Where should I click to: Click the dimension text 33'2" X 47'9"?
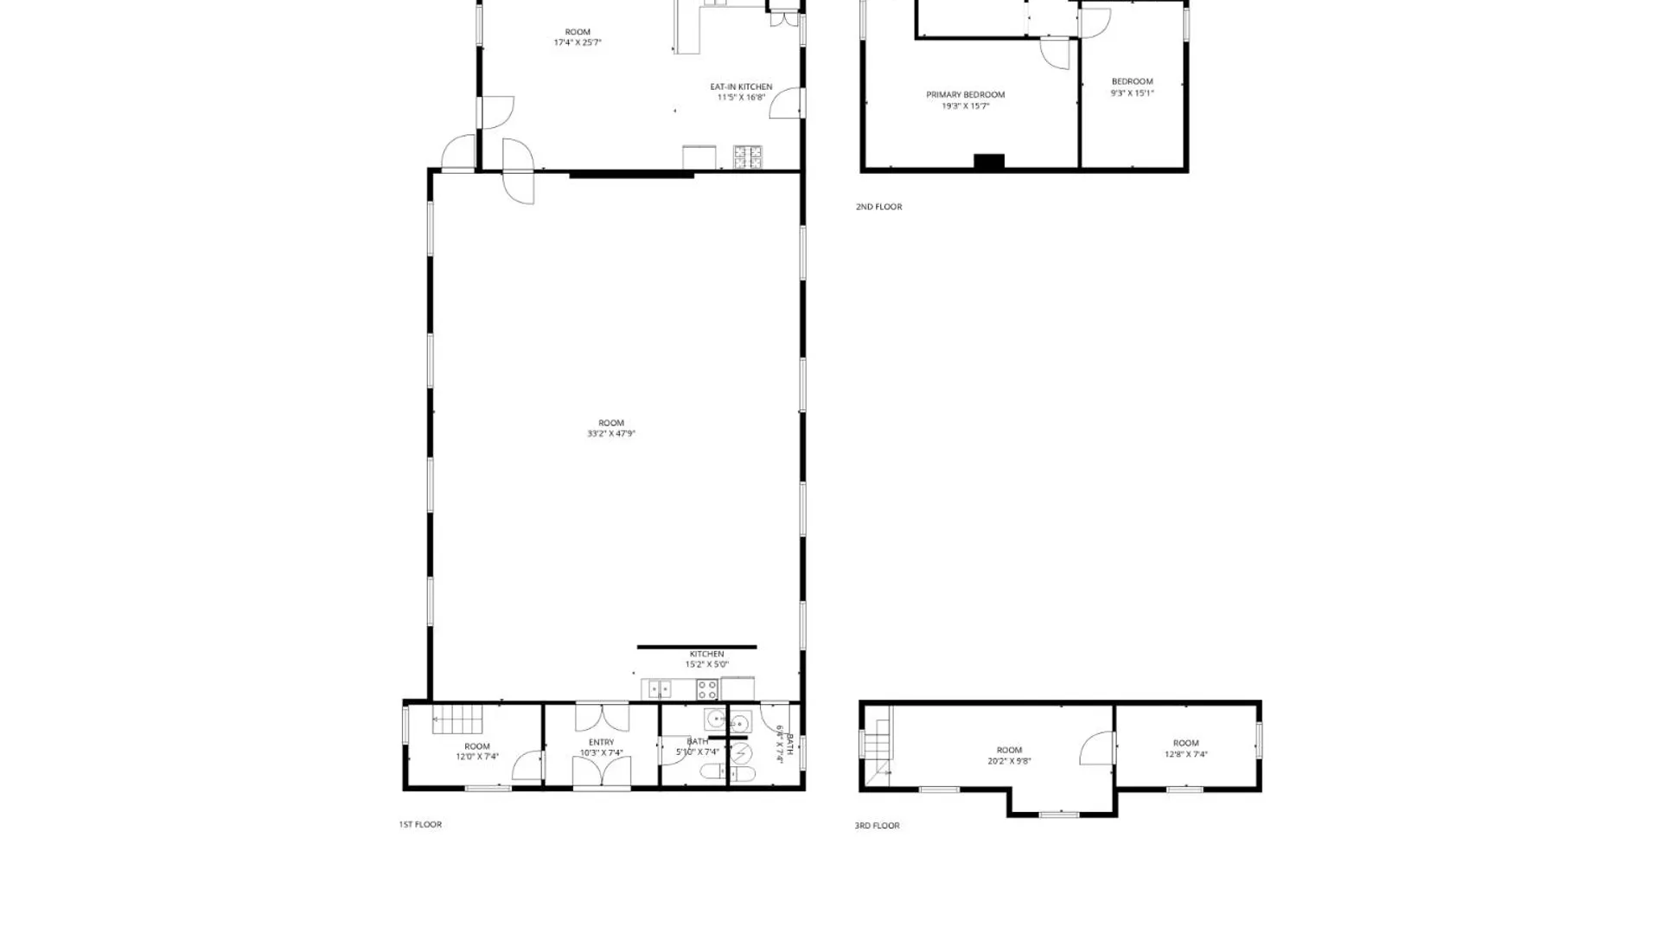click(x=611, y=434)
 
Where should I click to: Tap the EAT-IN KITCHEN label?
click(x=741, y=86)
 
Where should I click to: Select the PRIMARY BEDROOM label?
click(x=966, y=95)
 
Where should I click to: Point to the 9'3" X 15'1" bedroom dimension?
click(x=1133, y=93)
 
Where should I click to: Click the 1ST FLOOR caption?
click(x=420, y=825)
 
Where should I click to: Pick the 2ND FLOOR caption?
click(x=878, y=207)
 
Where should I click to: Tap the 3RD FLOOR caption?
click(x=877, y=826)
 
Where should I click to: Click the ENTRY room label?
click(x=602, y=742)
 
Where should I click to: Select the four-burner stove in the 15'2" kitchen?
click(x=707, y=689)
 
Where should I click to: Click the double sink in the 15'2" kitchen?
click(x=660, y=689)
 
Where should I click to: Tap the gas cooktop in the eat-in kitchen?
click(x=748, y=157)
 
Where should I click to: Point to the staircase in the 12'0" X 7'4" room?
click(x=457, y=720)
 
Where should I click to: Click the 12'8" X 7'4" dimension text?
click(x=1186, y=754)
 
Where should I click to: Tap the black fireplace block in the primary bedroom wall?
click(x=989, y=162)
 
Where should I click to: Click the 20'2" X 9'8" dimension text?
click(x=1009, y=762)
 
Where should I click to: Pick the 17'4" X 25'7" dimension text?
click(x=578, y=42)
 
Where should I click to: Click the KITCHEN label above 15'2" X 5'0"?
click(x=706, y=654)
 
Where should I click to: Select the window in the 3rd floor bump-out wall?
click(x=1059, y=814)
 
